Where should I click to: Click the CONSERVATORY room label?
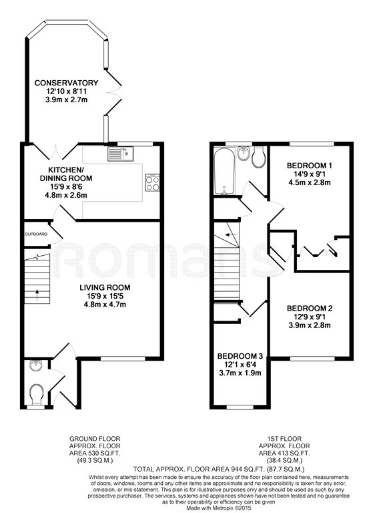pos(66,83)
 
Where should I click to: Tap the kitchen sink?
pos(121,154)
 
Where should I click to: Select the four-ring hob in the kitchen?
pos(153,182)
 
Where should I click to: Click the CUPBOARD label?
pos(36,234)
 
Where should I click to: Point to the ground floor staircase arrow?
pos(37,295)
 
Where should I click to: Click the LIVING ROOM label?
pos(105,288)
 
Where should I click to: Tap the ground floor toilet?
pos(36,393)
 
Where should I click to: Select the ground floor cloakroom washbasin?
pos(35,365)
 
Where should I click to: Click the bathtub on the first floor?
pos(224,171)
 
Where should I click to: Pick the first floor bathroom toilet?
pos(258,157)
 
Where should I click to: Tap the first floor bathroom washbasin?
pos(244,154)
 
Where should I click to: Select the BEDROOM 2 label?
pos(310,308)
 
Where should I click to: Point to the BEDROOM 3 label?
pos(240,356)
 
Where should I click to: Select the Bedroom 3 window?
pos(240,407)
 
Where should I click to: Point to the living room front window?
pos(123,359)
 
